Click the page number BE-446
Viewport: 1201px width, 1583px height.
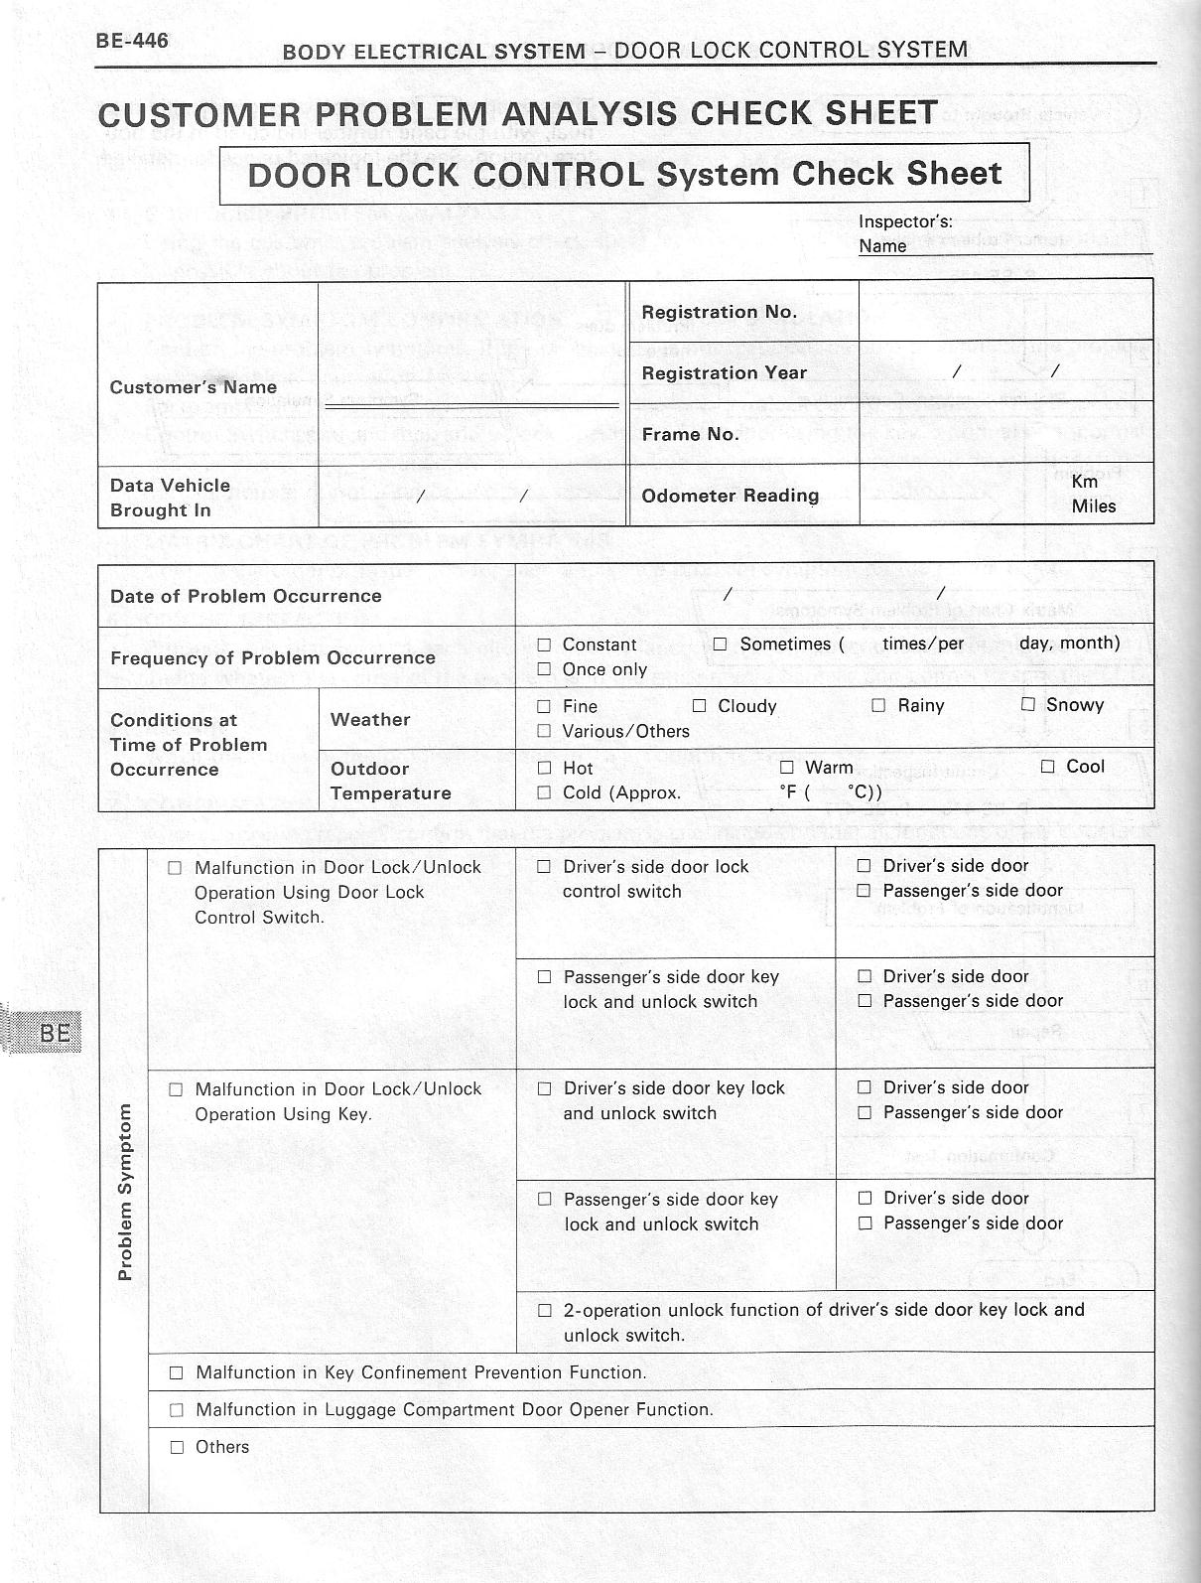click(x=132, y=41)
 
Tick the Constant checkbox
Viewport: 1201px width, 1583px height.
click(x=544, y=645)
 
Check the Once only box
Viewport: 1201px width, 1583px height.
click(x=544, y=669)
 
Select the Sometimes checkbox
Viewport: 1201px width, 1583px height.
click(x=720, y=645)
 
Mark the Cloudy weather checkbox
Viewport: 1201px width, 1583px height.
click(x=699, y=706)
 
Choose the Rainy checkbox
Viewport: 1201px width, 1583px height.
click(x=878, y=705)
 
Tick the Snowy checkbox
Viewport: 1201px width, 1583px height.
click(x=1028, y=705)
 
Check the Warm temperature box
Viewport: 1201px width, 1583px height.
click(x=787, y=768)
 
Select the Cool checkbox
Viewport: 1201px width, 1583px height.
click(x=1048, y=767)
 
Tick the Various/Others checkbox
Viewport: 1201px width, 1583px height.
click(x=544, y=732)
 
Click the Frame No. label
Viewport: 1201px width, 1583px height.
click(x=690, y=434)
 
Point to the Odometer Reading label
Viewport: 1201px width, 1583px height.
click(x=730, y=496)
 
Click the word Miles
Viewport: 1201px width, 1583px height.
click(x=1093, y=506)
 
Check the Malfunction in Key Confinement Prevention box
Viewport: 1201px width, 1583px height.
click(x=177, y=1373)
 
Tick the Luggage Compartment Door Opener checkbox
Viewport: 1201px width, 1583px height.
click(x=177, y=1410)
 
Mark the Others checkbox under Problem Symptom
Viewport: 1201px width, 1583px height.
click(x=177, y=1448)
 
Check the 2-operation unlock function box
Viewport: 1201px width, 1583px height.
click(x=544, y=1311)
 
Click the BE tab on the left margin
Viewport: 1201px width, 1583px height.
click(x=55, y=1033)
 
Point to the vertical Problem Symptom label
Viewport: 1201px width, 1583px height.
click(x=125, y=1192)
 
